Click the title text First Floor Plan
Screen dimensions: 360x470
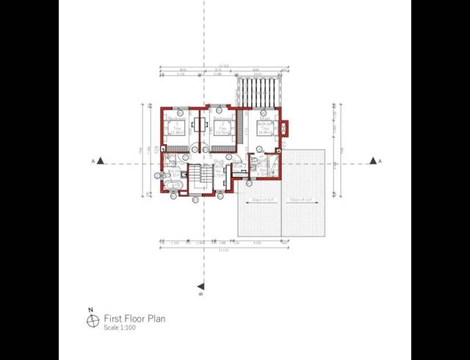click(x=134, y=319)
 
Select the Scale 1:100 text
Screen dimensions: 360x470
click(x=120, y=328)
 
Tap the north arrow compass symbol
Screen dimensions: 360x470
click(x=93, y=320)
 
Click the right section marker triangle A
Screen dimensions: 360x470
click(x=374, y=161)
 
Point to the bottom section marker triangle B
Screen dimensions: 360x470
click(x=200, y=286)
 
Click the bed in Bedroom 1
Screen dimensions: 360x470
click(x=176, y=129)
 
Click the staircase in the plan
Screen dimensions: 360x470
click(x=198, y=179)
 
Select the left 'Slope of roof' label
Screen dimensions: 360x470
click(x=262, y=199)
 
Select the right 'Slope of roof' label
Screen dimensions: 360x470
click(x=301, y=199)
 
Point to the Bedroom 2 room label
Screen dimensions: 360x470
click(x=220, y=118)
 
